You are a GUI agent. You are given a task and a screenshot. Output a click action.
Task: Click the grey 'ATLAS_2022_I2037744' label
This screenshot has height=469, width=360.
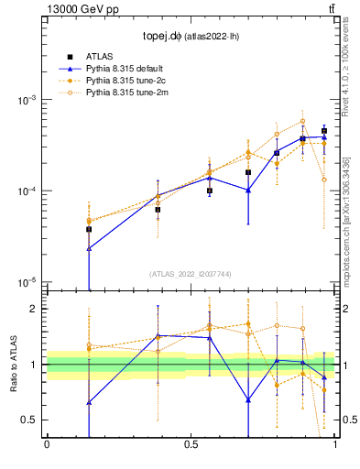tap(191, 274)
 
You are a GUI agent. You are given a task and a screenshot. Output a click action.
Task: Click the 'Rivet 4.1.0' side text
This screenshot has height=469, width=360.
tap(349, 73)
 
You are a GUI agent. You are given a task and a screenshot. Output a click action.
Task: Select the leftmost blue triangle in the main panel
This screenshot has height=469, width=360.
tap(89, 248)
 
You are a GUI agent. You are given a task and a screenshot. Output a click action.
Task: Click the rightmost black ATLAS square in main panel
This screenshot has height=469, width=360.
tap(323, 131)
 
